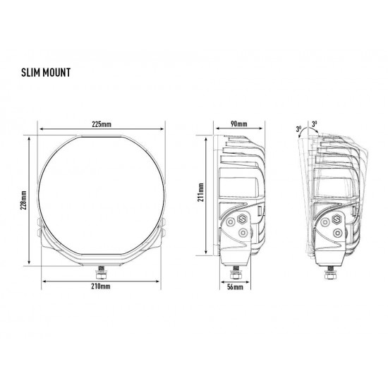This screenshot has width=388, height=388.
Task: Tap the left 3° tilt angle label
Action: [299, 128]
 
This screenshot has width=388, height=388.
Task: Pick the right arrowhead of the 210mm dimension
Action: [167, 281]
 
